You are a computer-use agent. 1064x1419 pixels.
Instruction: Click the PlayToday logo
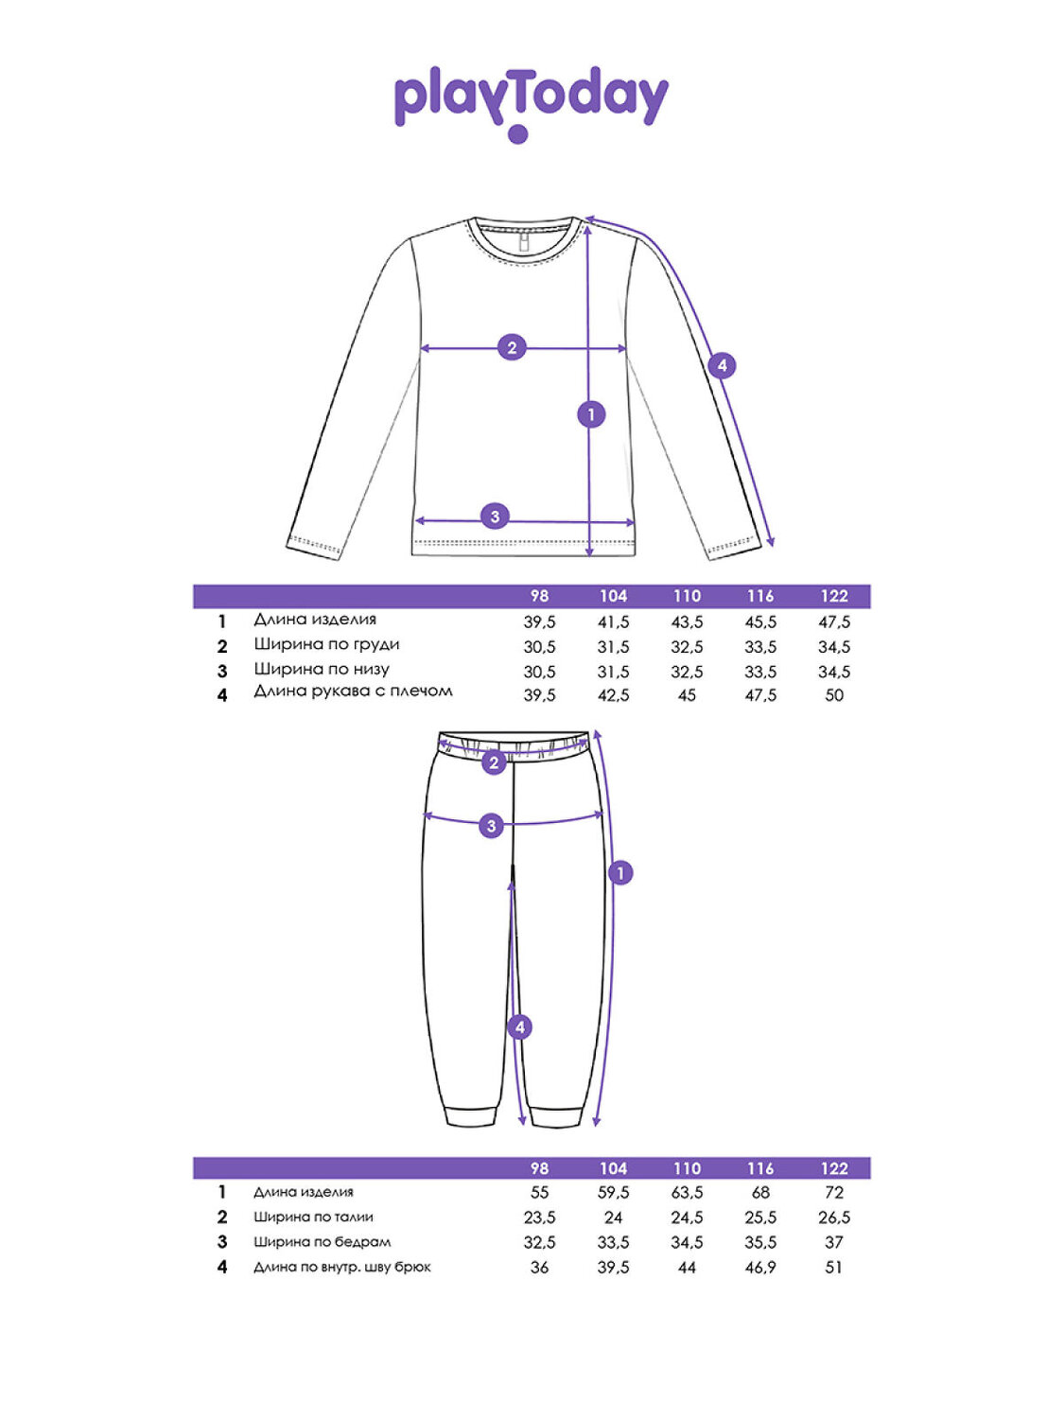pos(531,102)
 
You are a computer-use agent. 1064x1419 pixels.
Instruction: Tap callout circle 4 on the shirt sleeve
pos(722,365)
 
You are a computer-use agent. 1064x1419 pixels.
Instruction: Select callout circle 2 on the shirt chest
pos(512,347)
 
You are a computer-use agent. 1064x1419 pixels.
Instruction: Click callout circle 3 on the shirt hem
pos(495,517)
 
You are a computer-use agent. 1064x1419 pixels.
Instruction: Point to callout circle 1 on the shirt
pos(591,413)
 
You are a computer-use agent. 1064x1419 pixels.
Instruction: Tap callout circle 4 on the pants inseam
pos(519,1026)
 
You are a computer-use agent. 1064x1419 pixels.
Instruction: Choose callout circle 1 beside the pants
pos(620,872)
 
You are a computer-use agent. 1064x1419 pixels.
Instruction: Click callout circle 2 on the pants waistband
pos(494,762)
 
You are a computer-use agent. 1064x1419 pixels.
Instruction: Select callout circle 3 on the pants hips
pos(491,826)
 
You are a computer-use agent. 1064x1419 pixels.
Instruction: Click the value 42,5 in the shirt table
pos(613,695)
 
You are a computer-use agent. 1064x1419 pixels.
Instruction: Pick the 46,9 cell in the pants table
pos(760,1268)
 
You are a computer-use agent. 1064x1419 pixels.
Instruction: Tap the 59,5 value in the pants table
pos(613,1193)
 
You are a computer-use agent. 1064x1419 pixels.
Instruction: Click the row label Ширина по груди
pos(326,644)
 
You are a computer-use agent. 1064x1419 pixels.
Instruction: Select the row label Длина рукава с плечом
pos(353,692)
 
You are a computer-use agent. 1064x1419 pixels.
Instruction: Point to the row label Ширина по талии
pos(313,1218)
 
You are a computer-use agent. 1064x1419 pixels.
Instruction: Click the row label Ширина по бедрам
pos(322,1242)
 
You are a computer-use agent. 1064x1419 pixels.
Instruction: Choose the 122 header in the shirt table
pos(834,596)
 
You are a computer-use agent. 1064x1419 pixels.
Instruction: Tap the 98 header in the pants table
pos(539,1168)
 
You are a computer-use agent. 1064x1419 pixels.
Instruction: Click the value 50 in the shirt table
pos(834,695)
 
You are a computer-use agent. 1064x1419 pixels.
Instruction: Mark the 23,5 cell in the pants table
pos(539,1218)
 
